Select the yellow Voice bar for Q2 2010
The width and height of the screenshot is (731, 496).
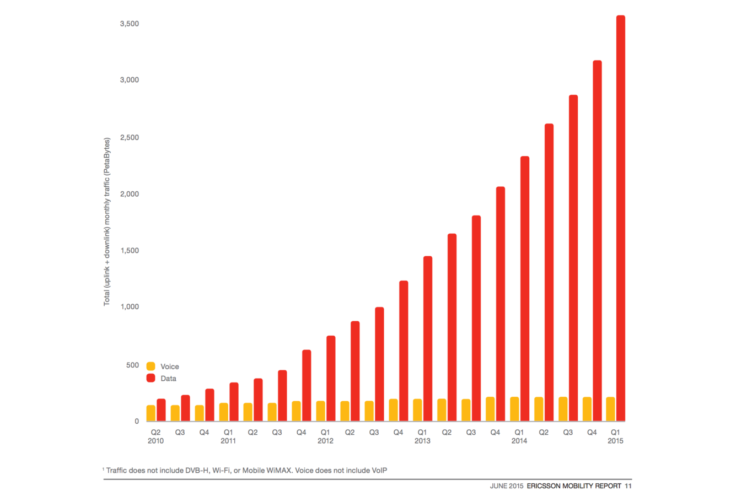point(150,413)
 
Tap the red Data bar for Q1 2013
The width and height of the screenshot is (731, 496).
point(427,338)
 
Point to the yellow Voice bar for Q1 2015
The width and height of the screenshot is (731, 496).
point(610,409)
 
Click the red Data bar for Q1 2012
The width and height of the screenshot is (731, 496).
point(330,378)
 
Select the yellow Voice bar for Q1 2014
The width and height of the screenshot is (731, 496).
point(514,409)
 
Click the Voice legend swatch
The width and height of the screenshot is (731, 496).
point(150,366)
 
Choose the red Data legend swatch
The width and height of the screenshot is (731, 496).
point(150,378)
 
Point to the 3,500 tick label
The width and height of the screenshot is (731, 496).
point(130,24)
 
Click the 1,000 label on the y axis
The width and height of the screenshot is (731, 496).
point(130,306)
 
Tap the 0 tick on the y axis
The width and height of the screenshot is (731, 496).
point(137,421)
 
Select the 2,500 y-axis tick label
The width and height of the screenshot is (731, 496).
point(130,137)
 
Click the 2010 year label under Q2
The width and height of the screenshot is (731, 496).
point(155,441)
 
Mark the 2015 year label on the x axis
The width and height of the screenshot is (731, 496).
point(615,441)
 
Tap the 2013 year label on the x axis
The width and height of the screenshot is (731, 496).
point(422,441)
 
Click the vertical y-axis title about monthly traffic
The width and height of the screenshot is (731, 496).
point(107,222)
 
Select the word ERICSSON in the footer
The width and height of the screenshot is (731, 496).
point(545,486)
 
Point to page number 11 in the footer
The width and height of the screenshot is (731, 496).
point(628,486)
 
